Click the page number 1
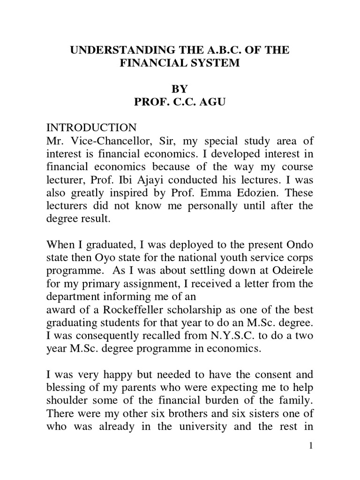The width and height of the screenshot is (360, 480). pyautogui.click(x=310, y=446)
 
